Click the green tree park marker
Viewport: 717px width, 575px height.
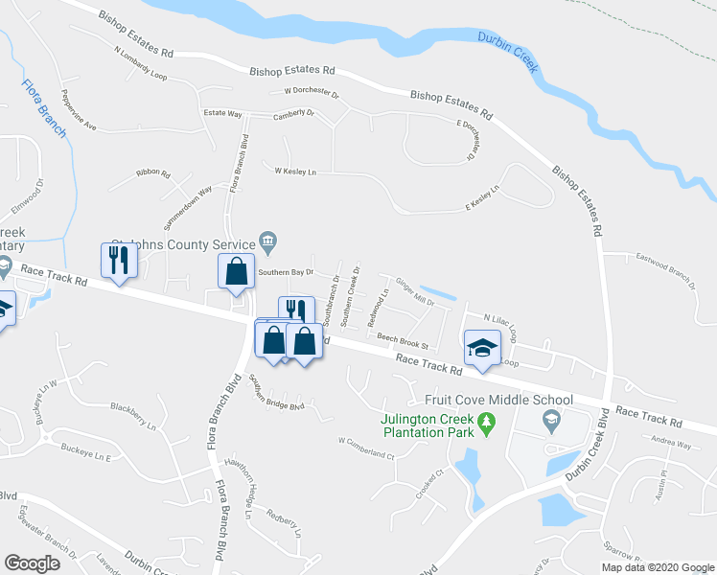pyautogui.click(x=486, y=422)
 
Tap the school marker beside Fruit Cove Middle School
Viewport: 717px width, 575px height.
pyautogui.click(x=551, y=418)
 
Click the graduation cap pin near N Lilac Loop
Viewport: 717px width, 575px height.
pyautogui.click(x=482, y=348)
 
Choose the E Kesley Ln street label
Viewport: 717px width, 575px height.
pyautogui.click(x=483, y=197)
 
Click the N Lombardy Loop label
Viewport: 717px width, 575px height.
pyautogui.click(x=140, y=64)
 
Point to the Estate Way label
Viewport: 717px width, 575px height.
pyautogui.click(x=222, y=114)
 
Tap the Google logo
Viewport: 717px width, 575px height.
pyautogui.click(x=33, y=563)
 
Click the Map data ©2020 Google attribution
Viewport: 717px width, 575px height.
pyautogui.click(x=656, y=567)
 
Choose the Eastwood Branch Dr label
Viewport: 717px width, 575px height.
pyautogui.click(x=662, y=269)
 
